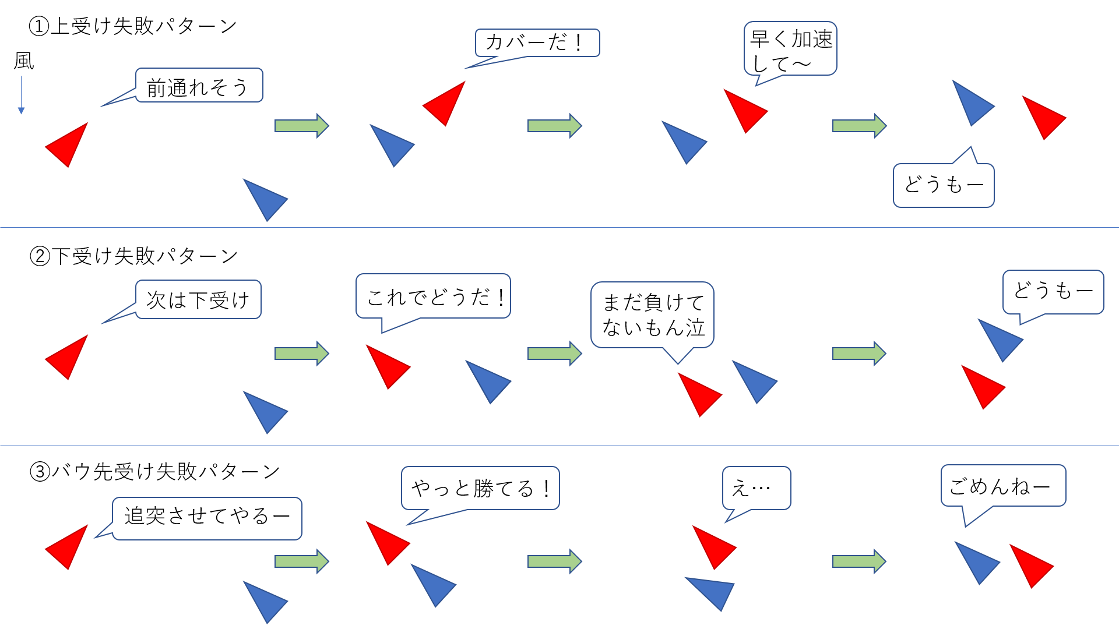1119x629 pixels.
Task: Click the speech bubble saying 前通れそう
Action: [x=199, y=86]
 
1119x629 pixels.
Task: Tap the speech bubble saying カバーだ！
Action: [x=537, y=43]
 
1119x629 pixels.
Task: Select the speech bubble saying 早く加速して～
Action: [x=790, y=49]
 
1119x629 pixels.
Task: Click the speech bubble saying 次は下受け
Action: [x=198, y=299]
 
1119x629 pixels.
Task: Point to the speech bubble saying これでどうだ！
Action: [x=433, y=296]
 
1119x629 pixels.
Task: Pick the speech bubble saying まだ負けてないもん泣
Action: [x=652, y=315]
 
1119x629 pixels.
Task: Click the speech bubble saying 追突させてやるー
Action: [x=207, y=518]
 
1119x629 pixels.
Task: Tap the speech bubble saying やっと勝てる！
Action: [x=480, y=488]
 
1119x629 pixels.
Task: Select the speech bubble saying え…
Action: [x=756, y=488]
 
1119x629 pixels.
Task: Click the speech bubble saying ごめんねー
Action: [x=1003, y=486]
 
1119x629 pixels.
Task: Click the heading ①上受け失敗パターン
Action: [x=133, y=26]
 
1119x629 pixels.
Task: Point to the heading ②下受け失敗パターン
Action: [x=133, y=256]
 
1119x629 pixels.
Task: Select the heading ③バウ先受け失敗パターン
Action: [x=154, y=471]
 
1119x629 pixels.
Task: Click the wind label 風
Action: [x=24, y=61]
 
